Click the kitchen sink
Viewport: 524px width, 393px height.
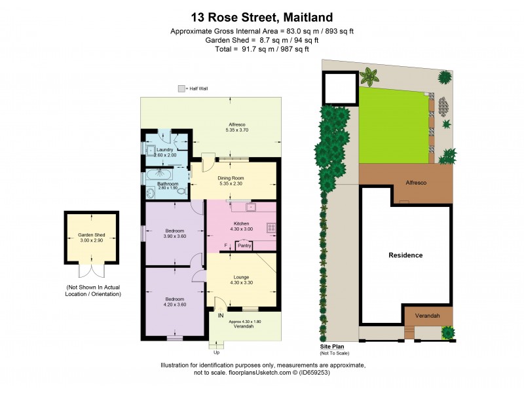[249, 208]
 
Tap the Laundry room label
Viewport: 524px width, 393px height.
[164, 150]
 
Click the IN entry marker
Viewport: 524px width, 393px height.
[221, 315]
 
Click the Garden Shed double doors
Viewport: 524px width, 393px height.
[91, 271]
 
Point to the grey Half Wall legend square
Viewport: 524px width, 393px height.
[181, 88]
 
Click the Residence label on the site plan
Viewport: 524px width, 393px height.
[405, 255]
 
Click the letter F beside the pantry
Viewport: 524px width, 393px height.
[225, 246]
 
